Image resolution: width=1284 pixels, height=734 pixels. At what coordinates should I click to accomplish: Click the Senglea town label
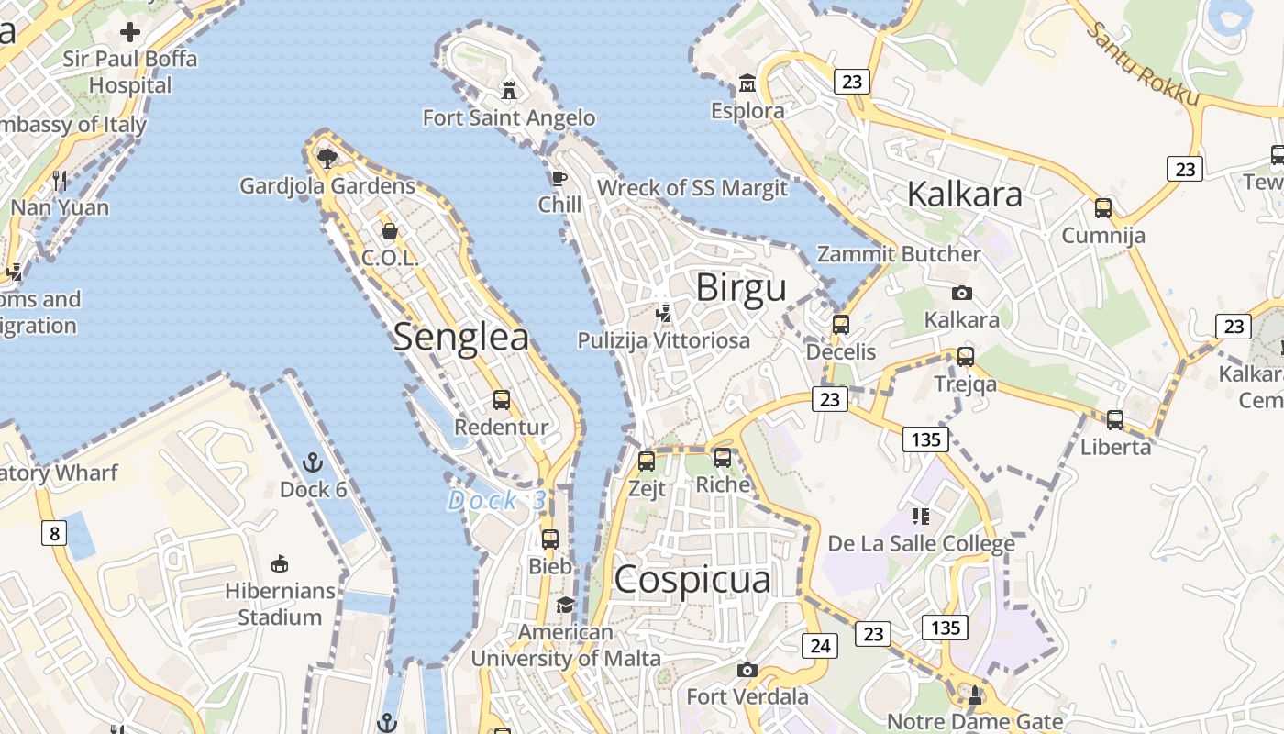[461, 338]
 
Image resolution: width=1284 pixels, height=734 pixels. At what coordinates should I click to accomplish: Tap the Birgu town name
[741, 288]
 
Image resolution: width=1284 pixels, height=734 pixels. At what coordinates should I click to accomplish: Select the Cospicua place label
[692, 580]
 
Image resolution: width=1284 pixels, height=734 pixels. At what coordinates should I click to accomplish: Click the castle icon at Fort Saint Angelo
[509, 90]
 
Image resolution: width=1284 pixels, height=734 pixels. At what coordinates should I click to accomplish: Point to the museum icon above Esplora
[747, 84]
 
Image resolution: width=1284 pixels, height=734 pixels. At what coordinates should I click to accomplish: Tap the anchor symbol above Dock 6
[314, 462]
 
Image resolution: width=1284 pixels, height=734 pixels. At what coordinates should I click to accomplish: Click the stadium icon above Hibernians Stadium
[280, 562]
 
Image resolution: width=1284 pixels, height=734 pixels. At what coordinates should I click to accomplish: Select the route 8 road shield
[54, 532]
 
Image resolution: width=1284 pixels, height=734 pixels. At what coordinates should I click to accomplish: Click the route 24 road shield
[820, 646]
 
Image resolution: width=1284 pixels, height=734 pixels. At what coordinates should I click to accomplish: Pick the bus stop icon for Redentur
[502, 400]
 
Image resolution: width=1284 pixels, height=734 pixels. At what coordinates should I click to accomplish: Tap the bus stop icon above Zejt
[647, 461]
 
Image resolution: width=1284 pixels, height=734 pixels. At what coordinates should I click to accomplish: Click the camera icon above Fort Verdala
[747, 670]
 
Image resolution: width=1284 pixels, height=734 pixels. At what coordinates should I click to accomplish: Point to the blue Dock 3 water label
[497, 501]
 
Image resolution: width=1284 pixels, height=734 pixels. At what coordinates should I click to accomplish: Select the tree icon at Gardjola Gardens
[327, 158]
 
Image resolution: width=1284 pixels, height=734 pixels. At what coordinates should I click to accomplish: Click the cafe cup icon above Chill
[559, 178]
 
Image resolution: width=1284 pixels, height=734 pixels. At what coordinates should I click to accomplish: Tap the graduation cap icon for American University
[565, 606]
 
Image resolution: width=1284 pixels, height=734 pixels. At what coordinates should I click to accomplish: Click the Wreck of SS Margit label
[692, 188]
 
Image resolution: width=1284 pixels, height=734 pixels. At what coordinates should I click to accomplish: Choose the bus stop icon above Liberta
[1115, 420]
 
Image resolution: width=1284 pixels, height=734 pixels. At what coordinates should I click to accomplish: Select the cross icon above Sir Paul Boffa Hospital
[130, 32]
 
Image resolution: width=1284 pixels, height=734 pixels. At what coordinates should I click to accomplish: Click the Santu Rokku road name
[1142, 64]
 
